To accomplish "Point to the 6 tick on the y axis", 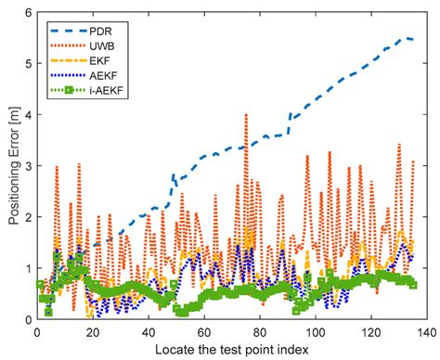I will point(26,12).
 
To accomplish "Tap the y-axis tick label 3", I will point(26,166).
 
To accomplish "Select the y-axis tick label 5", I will point(26,63).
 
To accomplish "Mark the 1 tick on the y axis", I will point(26,268).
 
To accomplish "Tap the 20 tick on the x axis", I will point(92,331).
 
